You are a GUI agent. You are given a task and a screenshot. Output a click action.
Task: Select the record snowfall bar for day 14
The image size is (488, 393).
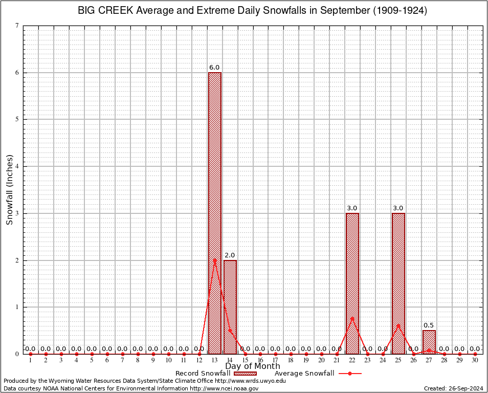(230, 307)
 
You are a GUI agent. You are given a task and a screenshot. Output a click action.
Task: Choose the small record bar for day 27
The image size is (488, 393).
(429, 342)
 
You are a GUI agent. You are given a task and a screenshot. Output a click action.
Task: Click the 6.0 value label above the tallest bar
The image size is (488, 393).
(214, 68)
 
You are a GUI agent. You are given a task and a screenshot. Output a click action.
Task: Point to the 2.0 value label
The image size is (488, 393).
(230, 255)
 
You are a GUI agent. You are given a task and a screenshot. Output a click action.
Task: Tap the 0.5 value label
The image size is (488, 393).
(429, 325)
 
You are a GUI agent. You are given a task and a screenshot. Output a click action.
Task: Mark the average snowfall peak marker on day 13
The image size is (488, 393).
(215, 260)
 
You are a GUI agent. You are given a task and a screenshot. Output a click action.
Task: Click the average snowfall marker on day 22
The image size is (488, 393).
(352, 318)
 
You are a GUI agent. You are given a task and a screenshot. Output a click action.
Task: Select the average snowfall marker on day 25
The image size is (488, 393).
(398, 325)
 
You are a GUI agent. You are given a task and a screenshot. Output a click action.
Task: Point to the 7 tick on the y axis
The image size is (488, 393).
(17, 26)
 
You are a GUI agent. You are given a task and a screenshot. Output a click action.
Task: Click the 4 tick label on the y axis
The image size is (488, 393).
(17, 166)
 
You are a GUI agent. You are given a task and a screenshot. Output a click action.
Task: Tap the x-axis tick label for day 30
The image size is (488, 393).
(475, 361)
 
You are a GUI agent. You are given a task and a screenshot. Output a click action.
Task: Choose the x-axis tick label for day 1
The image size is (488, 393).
(31, 361)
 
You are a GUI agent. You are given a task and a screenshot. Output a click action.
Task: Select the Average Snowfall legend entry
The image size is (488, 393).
(317, 374)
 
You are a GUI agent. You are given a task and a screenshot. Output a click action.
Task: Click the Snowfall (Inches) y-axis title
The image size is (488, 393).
(10, 189)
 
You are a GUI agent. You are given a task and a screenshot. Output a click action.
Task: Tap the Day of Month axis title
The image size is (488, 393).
(253, 366)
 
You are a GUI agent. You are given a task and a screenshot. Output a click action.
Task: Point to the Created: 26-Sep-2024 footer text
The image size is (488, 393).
(453, 388)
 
